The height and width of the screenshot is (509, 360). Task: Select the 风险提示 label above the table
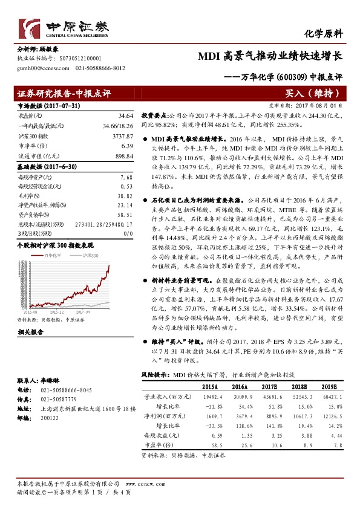[155, 375]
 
